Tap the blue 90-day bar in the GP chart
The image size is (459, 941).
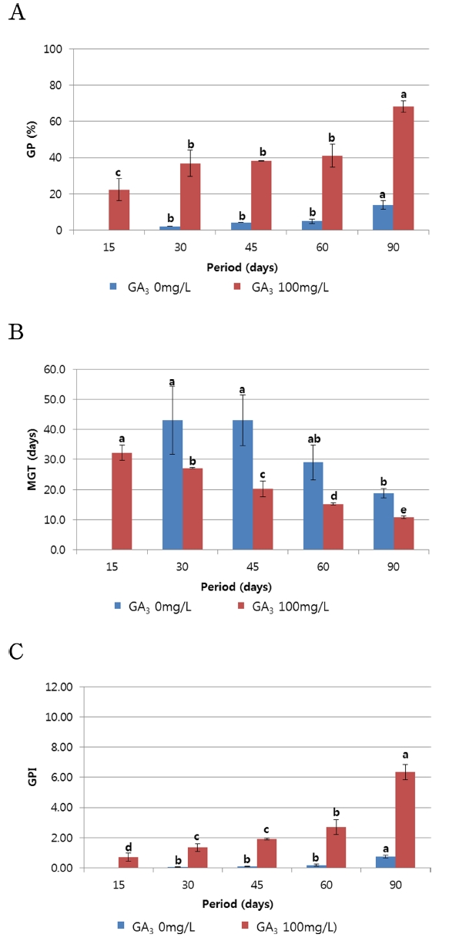pyautogui.click(x=382, y=217)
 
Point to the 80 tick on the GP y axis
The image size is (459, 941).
pyautogui.click(x=56, y=86)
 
